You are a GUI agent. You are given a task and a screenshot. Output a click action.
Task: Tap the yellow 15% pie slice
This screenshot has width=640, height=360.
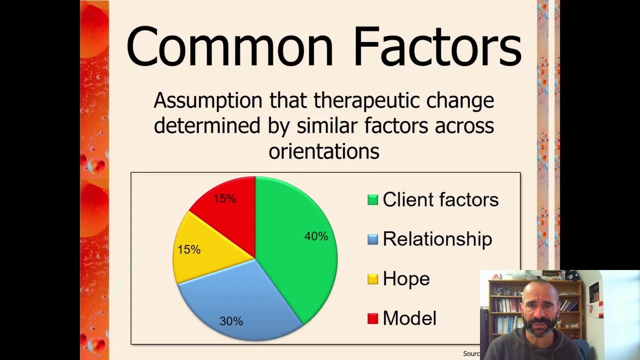(x=200, y=250)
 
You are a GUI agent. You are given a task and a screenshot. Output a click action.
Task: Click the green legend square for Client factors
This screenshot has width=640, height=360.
(x=372, y=200)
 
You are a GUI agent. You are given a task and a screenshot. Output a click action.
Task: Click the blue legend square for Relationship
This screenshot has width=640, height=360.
(x=372, y=239)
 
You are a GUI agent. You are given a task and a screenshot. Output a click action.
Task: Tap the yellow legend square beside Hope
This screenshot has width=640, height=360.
(x=372, y=279)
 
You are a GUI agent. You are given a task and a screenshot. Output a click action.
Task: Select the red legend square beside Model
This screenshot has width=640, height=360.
(x=372, y=318)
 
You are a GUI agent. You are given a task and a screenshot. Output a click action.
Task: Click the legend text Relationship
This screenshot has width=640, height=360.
(x=437, y=239)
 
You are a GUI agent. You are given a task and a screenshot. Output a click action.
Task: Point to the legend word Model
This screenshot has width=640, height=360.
(x=409, y=318)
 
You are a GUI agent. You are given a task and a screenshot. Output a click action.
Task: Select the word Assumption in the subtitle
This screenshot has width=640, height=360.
(x=207, y=101)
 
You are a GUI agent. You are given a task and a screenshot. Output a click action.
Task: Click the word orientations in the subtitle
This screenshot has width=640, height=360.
(x=324, y=150)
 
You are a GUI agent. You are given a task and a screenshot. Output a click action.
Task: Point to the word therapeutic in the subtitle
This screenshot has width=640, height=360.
(x=367, y=101)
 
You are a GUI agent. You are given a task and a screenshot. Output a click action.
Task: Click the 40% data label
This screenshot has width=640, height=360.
(x=316, y=236)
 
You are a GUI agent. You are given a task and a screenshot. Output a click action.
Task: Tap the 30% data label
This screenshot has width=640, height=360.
(x=231, y=321)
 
